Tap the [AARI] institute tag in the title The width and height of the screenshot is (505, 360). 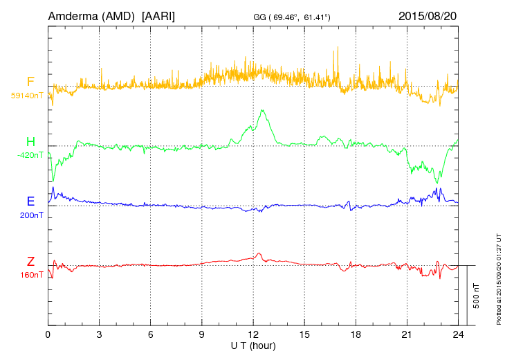click(x=158, y=15)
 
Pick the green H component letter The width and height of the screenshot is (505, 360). click(x=30, y=143)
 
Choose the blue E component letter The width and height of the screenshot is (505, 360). click(x=30, y=202)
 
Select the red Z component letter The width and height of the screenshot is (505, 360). click(x=30, y=262)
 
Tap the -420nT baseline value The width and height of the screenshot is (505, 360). click(x=30, y=156)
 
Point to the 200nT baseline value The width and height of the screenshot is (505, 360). click(x=32, y=215)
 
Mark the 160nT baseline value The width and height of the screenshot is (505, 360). click(x=32, y=275)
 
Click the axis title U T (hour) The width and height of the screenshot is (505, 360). click(x=253, y=344)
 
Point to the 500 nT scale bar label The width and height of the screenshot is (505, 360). click(x=477, y=296)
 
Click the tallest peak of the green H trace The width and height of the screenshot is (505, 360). click(x=262, y=109)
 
